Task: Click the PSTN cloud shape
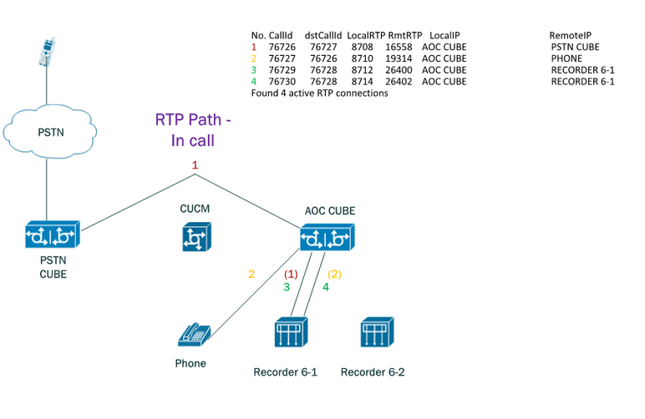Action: click(x=50, y=131)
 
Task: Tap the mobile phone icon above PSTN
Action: click(x=47, y=53)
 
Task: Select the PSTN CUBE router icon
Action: click(x=53, y=235)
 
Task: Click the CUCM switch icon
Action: click(x=196, y=236)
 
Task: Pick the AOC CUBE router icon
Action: click(x=327, y=237)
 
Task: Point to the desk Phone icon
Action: click(x=194, y=335)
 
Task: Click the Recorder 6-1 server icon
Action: click(x=292, y=332)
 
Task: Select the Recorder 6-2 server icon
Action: click(x=377, y=332)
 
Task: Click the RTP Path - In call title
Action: click(x=193, y=130)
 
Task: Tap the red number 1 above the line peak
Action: click(x=195, y=165)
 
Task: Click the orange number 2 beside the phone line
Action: click(x=251, y=274)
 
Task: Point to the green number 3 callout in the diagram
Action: click(x=287, y=287)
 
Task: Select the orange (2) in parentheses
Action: click(x=334, y=274)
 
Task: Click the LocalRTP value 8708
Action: click(x=362, y=47)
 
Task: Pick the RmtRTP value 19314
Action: click(x=399, y=58)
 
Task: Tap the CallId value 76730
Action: click(x=282, y=81)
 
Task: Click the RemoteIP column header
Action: click(x=570, y=35)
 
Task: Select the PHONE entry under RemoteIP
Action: click(x=566, y=58)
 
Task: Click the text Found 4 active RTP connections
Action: click(x=320, y=93)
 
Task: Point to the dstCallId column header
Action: click(x=322, y=35)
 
